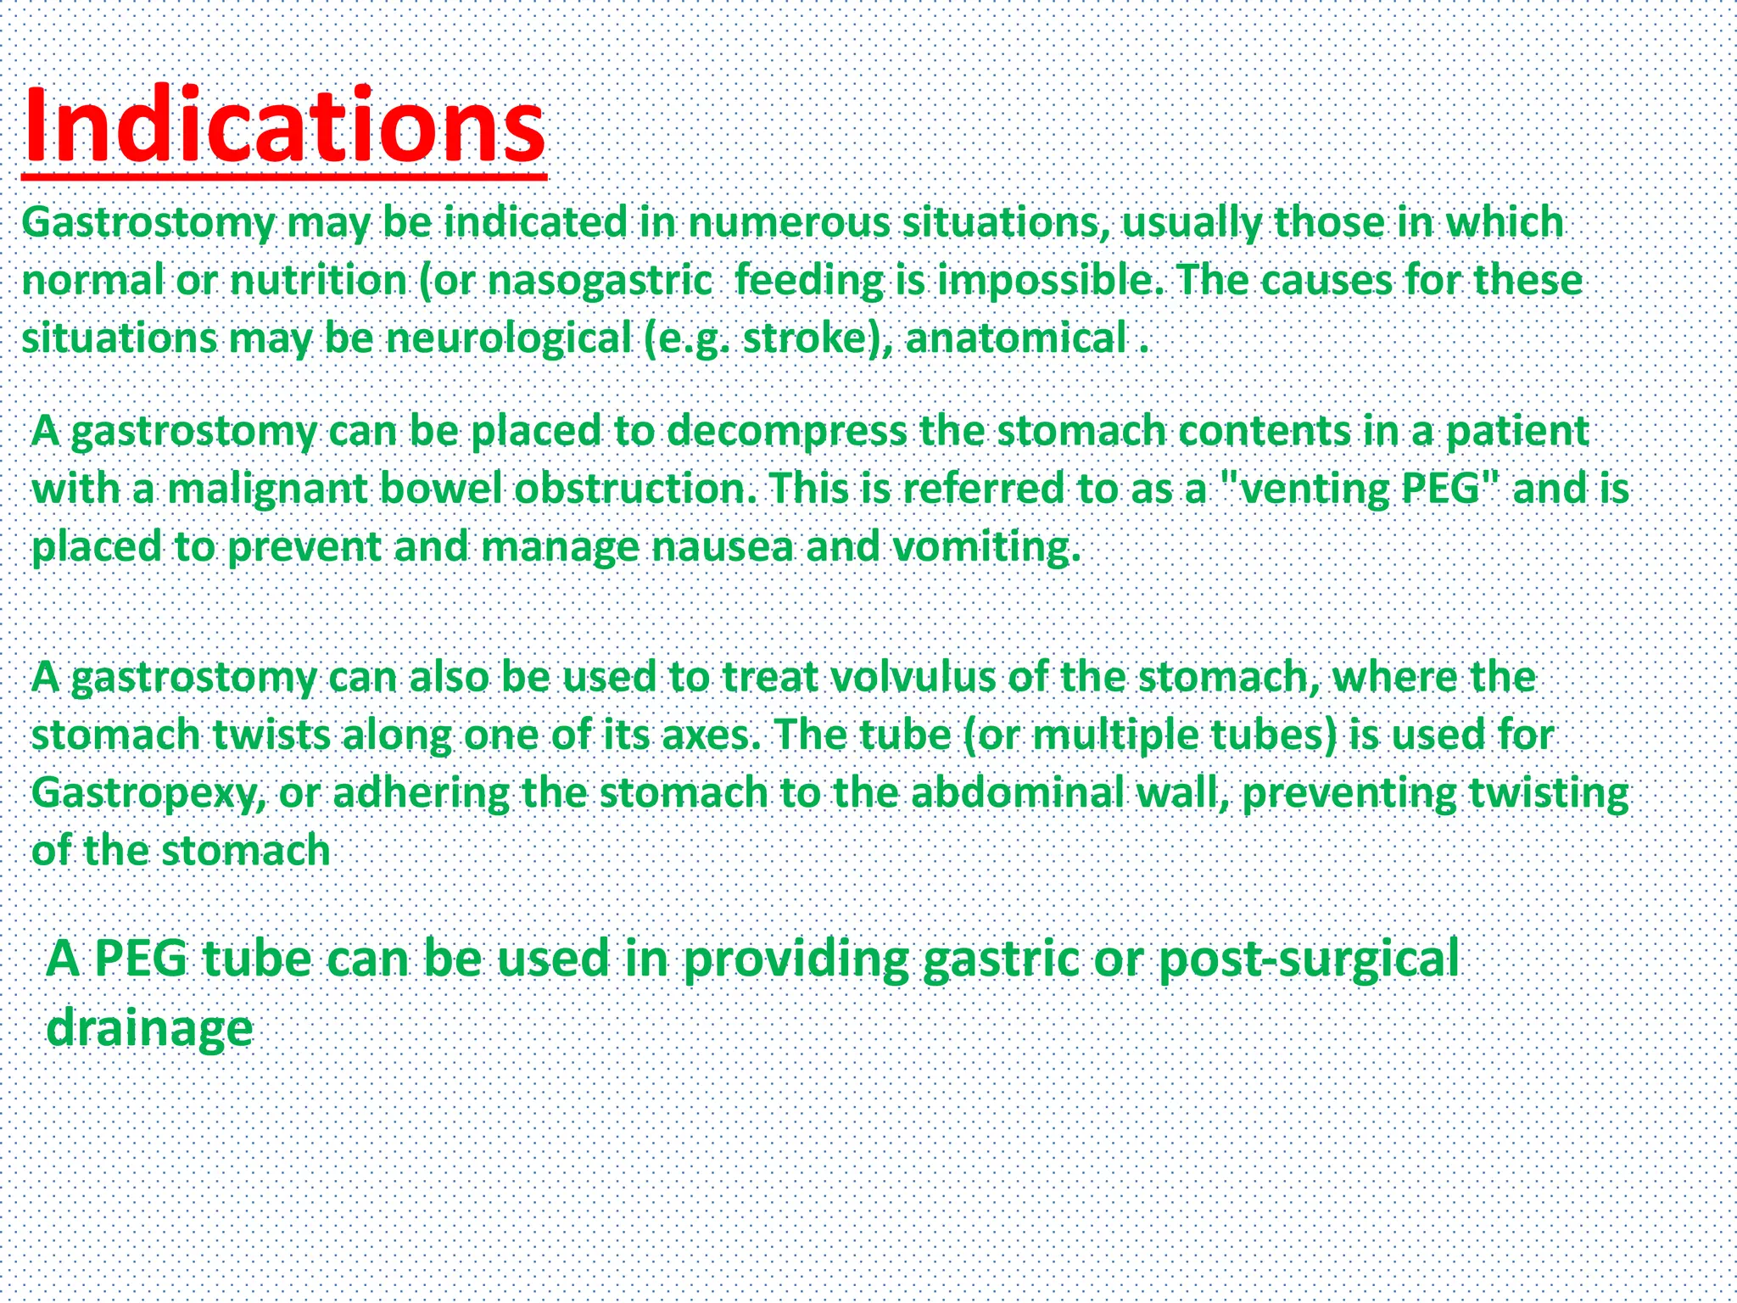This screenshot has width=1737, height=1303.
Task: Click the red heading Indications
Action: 284,127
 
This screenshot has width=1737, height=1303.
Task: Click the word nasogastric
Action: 600,281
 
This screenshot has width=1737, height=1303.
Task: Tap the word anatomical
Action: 1015,338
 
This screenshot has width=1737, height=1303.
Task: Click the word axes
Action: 710,735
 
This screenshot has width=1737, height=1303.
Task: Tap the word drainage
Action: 149,1028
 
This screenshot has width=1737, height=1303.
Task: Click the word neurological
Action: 509,338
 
